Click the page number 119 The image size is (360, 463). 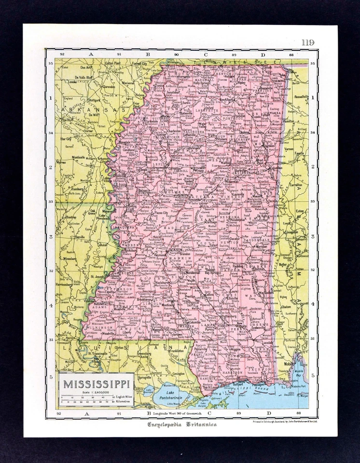point(308,42)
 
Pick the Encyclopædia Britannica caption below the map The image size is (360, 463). point(182,424)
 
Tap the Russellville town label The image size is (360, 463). point(301,96)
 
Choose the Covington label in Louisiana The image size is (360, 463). point(179,373)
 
